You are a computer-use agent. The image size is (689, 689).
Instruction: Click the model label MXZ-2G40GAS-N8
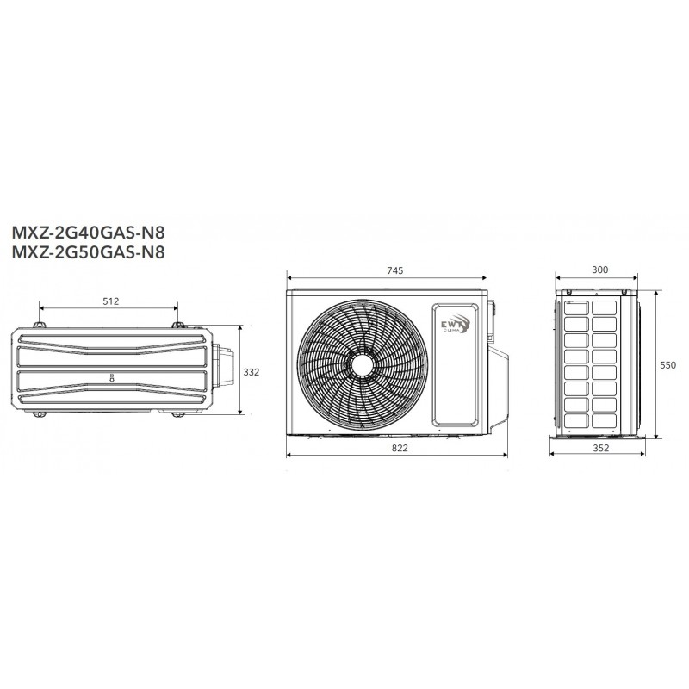point(89,232)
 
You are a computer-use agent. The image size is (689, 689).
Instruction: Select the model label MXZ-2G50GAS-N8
point(89,252)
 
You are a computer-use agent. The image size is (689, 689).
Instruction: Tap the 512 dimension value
point(111,301)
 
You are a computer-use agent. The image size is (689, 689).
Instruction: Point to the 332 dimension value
point(251,372)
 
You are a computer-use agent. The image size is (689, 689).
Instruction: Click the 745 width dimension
point(395,270)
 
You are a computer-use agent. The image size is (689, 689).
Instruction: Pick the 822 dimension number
point(400,448)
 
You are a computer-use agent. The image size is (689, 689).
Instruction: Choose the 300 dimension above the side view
point(599,270)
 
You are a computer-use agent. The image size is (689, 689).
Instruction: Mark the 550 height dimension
point(668,365)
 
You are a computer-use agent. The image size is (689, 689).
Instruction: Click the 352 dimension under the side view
point(601,448)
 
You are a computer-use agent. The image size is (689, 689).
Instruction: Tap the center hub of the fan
point(362,365)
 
